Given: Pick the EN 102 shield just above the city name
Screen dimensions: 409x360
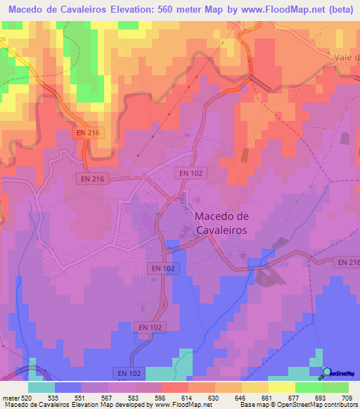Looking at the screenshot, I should pyautogui.click(x=191, y=172).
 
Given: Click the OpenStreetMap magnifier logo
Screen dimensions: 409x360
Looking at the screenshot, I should pyautogui.click(x=326, y=372).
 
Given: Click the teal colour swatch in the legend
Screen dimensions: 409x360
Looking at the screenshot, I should pyautogui.click(x=41, y=387).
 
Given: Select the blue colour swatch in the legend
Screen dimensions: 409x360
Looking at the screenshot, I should pyautogui.click(x=68, y=387).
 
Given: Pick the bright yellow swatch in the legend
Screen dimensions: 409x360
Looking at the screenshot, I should pyautogui.click(x=281, y=387).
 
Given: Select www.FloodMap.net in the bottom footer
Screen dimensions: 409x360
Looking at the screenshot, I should pyautogui.click(x=190, y=405).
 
